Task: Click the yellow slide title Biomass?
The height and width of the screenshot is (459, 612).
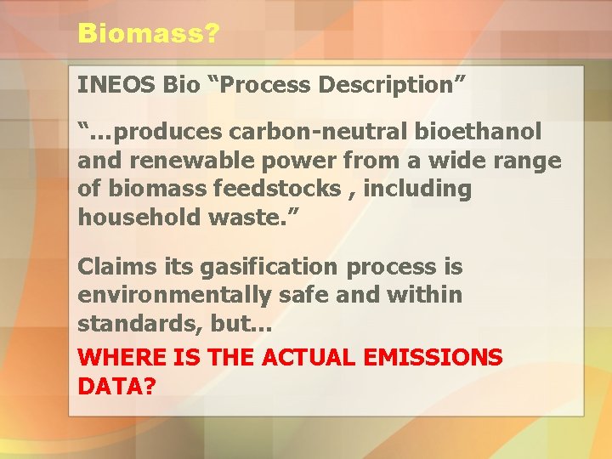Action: [x=149, y=33]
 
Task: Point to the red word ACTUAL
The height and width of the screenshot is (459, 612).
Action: [x=313, y=358]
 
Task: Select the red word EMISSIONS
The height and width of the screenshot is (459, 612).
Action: [x=439, y=358]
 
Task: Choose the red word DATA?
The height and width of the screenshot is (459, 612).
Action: [x=117, y=386]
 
